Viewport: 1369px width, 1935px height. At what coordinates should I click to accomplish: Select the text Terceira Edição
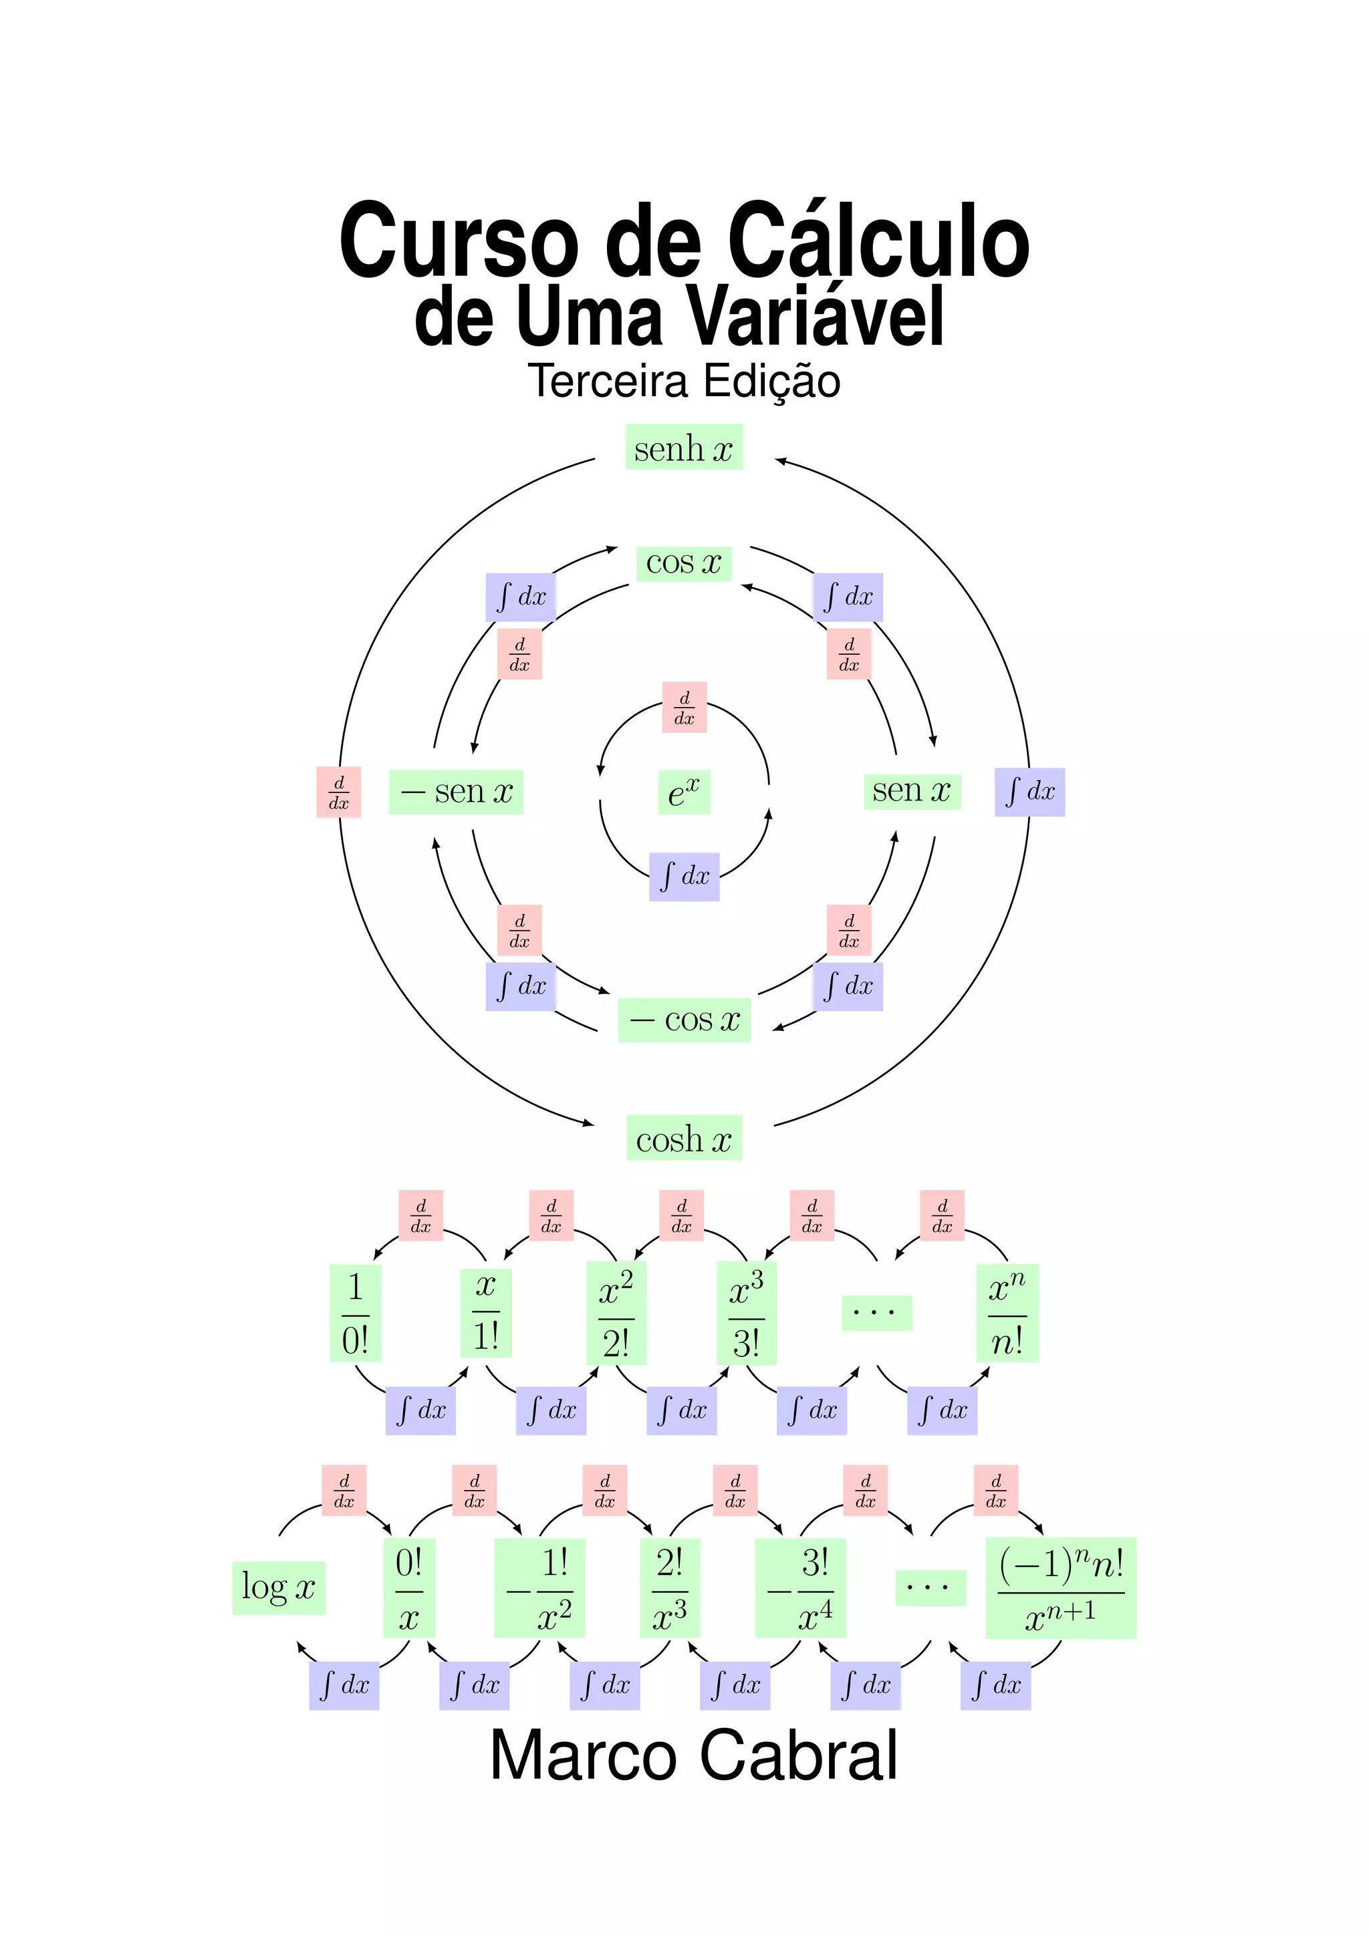coord(684,381)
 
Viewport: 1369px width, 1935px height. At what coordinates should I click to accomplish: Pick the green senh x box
coord(684,448)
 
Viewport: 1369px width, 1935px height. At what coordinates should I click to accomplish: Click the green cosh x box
coord(684,1139)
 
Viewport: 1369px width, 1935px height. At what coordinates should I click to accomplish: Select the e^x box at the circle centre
coord(684,792)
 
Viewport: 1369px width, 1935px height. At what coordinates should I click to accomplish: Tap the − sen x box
coord(456,792)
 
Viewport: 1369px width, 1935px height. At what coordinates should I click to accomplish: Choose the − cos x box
coord(684,1020)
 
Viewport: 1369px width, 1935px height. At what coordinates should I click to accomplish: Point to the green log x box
coord(278,1588)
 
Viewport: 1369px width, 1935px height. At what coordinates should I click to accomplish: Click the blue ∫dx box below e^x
coord(684,877)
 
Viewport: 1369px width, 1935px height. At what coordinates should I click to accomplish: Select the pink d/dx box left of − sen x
coord(339,792)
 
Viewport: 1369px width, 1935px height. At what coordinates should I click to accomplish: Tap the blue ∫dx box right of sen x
coord(1029,792)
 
